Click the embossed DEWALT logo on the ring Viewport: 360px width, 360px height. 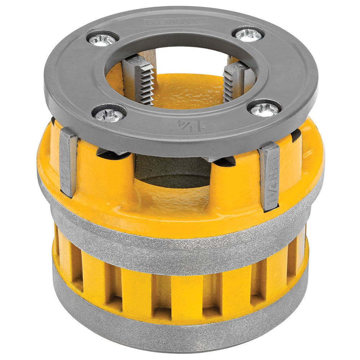176,22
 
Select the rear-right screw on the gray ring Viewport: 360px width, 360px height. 248,34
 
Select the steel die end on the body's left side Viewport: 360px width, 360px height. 68,162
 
